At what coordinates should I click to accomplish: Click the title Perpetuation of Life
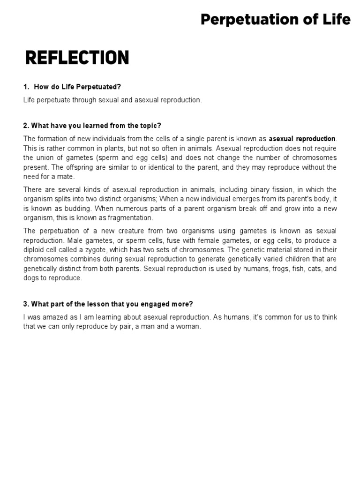pyautogui.click(x=275, y=20)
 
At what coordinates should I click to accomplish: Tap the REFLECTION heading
pyautogui.click(x=76, y=58)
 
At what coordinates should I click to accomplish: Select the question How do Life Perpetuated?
pyautogui.click(x=74, y=87)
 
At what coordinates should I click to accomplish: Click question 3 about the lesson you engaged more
pyautogui.click(x=108, y=304)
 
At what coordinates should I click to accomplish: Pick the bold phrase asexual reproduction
pyautogui.click(x=302, y=139)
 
